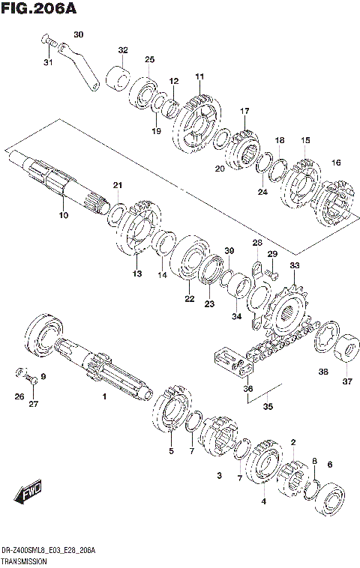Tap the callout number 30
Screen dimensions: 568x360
(79, 34)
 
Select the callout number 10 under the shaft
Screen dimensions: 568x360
(63, 215)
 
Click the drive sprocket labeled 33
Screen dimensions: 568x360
(291, 306)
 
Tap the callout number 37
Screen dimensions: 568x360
(346, 381)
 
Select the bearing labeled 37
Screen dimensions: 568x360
(345, 348)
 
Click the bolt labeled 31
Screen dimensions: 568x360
(45, 41)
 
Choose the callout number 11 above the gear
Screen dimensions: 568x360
(199, 76)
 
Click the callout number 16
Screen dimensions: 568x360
(336, 163)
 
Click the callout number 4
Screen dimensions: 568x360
(263, 501)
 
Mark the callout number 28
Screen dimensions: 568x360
(256, 244)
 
